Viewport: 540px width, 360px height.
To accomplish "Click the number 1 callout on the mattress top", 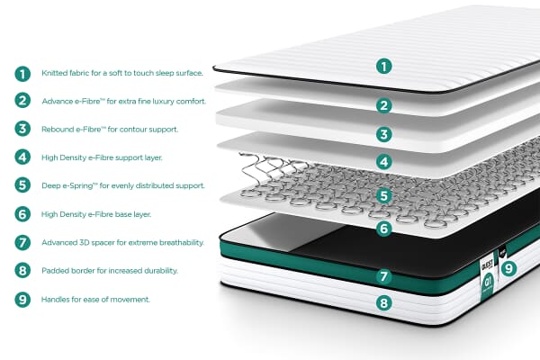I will click(x=384, y=66).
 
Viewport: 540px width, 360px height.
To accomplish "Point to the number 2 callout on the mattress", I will click(x=384, y=105).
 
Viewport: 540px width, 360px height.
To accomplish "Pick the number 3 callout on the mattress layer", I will click(x=384, y=135).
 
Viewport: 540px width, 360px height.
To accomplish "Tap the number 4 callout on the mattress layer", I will click(x=384, y=164).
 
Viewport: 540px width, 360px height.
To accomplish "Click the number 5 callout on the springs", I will click(x=384, y=195).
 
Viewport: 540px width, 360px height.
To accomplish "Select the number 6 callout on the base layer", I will click(x=384, y=229).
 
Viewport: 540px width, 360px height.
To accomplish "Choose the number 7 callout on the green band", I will click(x=384, y=276).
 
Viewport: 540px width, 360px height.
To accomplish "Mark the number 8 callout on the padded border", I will click(x=384, y=303).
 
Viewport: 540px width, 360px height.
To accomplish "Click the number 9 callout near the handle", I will click(x=508, y=267).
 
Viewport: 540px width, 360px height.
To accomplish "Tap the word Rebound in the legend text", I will click(x=58, y=129).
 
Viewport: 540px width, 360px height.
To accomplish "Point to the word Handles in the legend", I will click(x=57, y=299).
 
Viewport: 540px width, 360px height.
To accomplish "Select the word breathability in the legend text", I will click(x=183, y=242).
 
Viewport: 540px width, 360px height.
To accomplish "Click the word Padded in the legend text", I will click(x=56, y=270).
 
